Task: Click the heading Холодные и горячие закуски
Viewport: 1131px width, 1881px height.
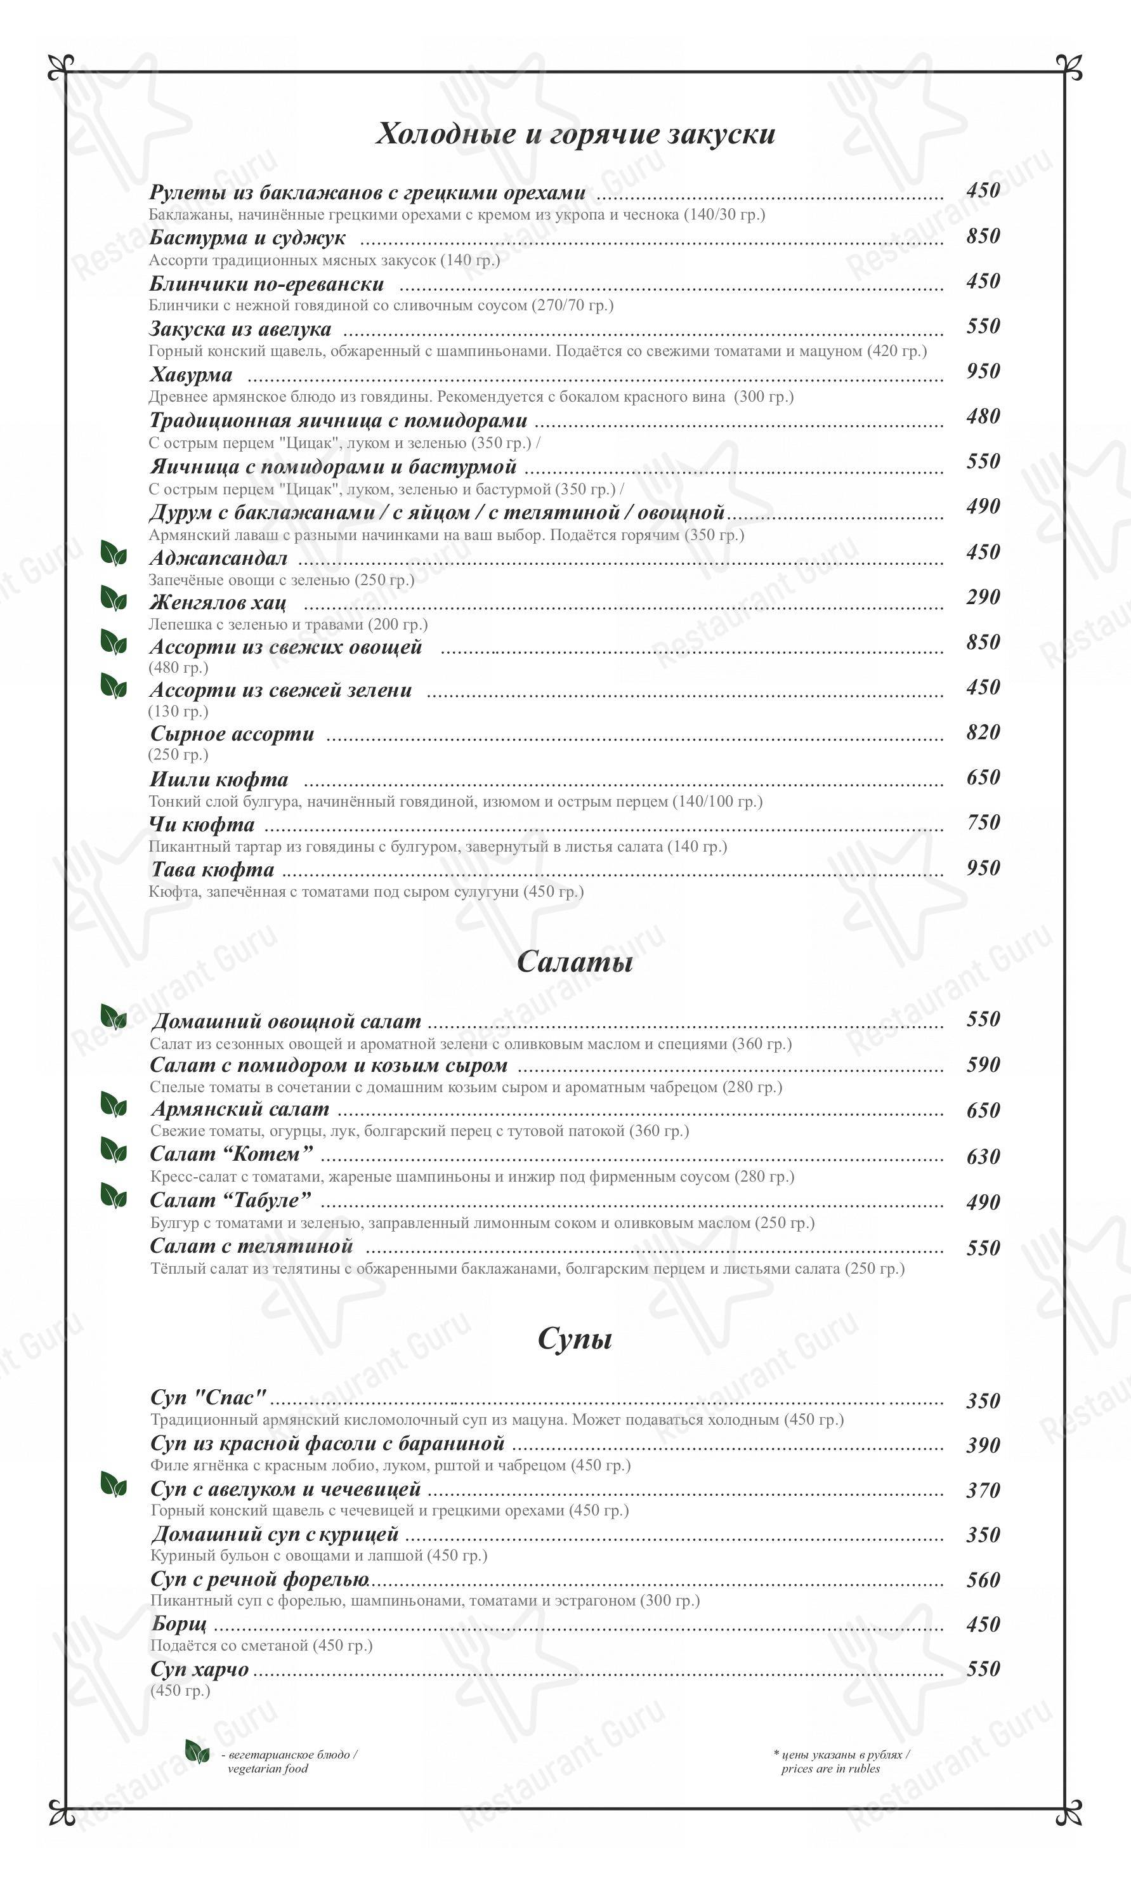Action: coord(575,133)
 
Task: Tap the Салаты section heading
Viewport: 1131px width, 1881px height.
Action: coord(575,961)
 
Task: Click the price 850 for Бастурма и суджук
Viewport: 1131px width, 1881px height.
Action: coord(983,236)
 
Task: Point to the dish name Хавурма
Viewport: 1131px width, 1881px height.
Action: coord(190,375)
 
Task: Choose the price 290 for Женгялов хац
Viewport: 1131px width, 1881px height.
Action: coord(983,597)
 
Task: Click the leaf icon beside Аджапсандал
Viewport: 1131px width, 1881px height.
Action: coord(114,553)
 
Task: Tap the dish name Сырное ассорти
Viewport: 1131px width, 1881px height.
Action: coord(232,734)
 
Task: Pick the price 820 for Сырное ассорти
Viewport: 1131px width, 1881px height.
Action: coord(983,733)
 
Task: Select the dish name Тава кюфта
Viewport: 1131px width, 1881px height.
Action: coord(212,869)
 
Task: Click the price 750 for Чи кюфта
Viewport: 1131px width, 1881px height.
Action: coord(983,822)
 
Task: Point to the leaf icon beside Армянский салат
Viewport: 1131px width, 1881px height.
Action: coord(114,1104)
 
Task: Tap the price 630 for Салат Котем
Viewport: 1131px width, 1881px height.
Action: coord(983,1157)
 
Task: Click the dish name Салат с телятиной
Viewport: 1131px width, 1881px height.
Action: coord(251,1246)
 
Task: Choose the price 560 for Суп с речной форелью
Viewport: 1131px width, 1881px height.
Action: coord(983,1580)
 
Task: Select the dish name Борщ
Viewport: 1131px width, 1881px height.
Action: coord(178,1625)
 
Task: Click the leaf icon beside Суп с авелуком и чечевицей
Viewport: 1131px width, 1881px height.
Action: coord(114,1484)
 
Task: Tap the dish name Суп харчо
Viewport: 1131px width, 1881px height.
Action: coord(200,1669)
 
